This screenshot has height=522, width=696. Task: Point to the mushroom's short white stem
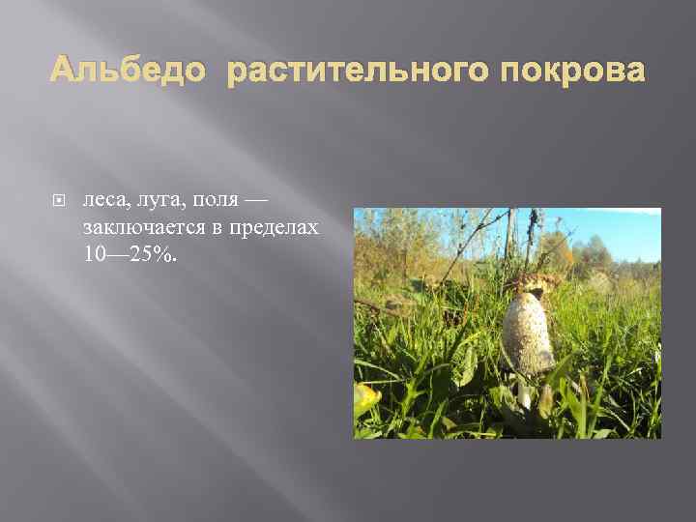coord(525,391)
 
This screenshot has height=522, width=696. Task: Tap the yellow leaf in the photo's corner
coord(365,397)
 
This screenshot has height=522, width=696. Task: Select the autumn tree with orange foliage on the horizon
coord(559,251)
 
